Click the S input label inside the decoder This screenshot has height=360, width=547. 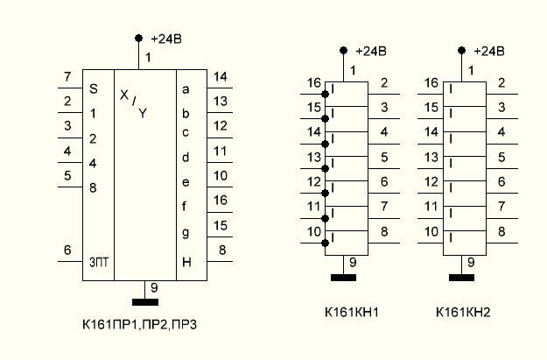point(94,88)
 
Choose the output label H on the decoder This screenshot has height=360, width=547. point(186,262)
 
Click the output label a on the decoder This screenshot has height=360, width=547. point(185,88)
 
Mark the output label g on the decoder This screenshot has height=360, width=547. point(185,232)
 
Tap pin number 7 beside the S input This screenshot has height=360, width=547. point(67,78)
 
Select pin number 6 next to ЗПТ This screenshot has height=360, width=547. point(67,251)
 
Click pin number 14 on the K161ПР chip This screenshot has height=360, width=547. point(220,77)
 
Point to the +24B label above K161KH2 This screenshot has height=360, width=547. point(488,51)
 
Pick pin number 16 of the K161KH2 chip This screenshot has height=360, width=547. point(431,83)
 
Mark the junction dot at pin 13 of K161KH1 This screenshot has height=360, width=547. point(326,167)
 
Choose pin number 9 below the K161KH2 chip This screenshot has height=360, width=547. point(471,261)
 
